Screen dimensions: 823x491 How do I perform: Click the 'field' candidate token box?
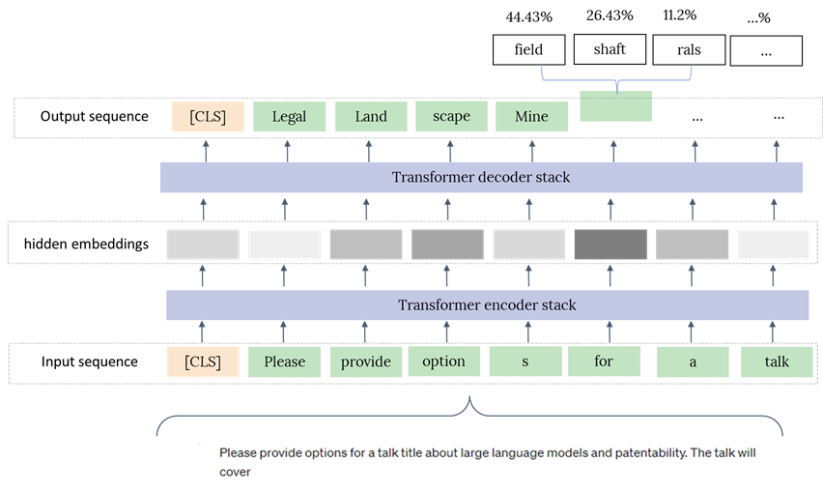coord(528,50)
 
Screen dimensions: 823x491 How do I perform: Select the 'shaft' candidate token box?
coord(610,49)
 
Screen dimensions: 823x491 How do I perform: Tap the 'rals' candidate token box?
coord(689,50)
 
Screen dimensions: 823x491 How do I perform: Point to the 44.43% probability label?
coord(529,17)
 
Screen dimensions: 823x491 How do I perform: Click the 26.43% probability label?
coord(610,15)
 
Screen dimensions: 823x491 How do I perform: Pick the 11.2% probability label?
coord(680,15)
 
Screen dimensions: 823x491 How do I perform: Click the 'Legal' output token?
coord(289,117)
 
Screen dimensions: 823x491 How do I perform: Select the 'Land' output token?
coord(371,117)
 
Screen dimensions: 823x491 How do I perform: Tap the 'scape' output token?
coord(451,116)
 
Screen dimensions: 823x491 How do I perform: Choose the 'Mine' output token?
coord(531,117)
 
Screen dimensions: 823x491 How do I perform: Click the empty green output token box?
coord(616,106)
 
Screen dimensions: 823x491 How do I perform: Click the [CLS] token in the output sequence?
coord(208,117)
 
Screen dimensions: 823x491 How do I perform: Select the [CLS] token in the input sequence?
coord(203,361)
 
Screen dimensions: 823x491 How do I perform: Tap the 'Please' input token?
coord(285,361)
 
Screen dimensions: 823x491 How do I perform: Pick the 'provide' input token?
coord(366,361)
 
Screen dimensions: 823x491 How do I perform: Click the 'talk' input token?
coord(777,361)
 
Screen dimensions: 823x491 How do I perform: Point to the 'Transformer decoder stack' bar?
coord(481,178)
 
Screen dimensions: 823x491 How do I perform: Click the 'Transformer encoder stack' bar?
coord(487,305)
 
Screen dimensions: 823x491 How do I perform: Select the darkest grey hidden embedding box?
coord(610,245)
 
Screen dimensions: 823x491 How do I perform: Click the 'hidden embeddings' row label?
coord(87,245)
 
